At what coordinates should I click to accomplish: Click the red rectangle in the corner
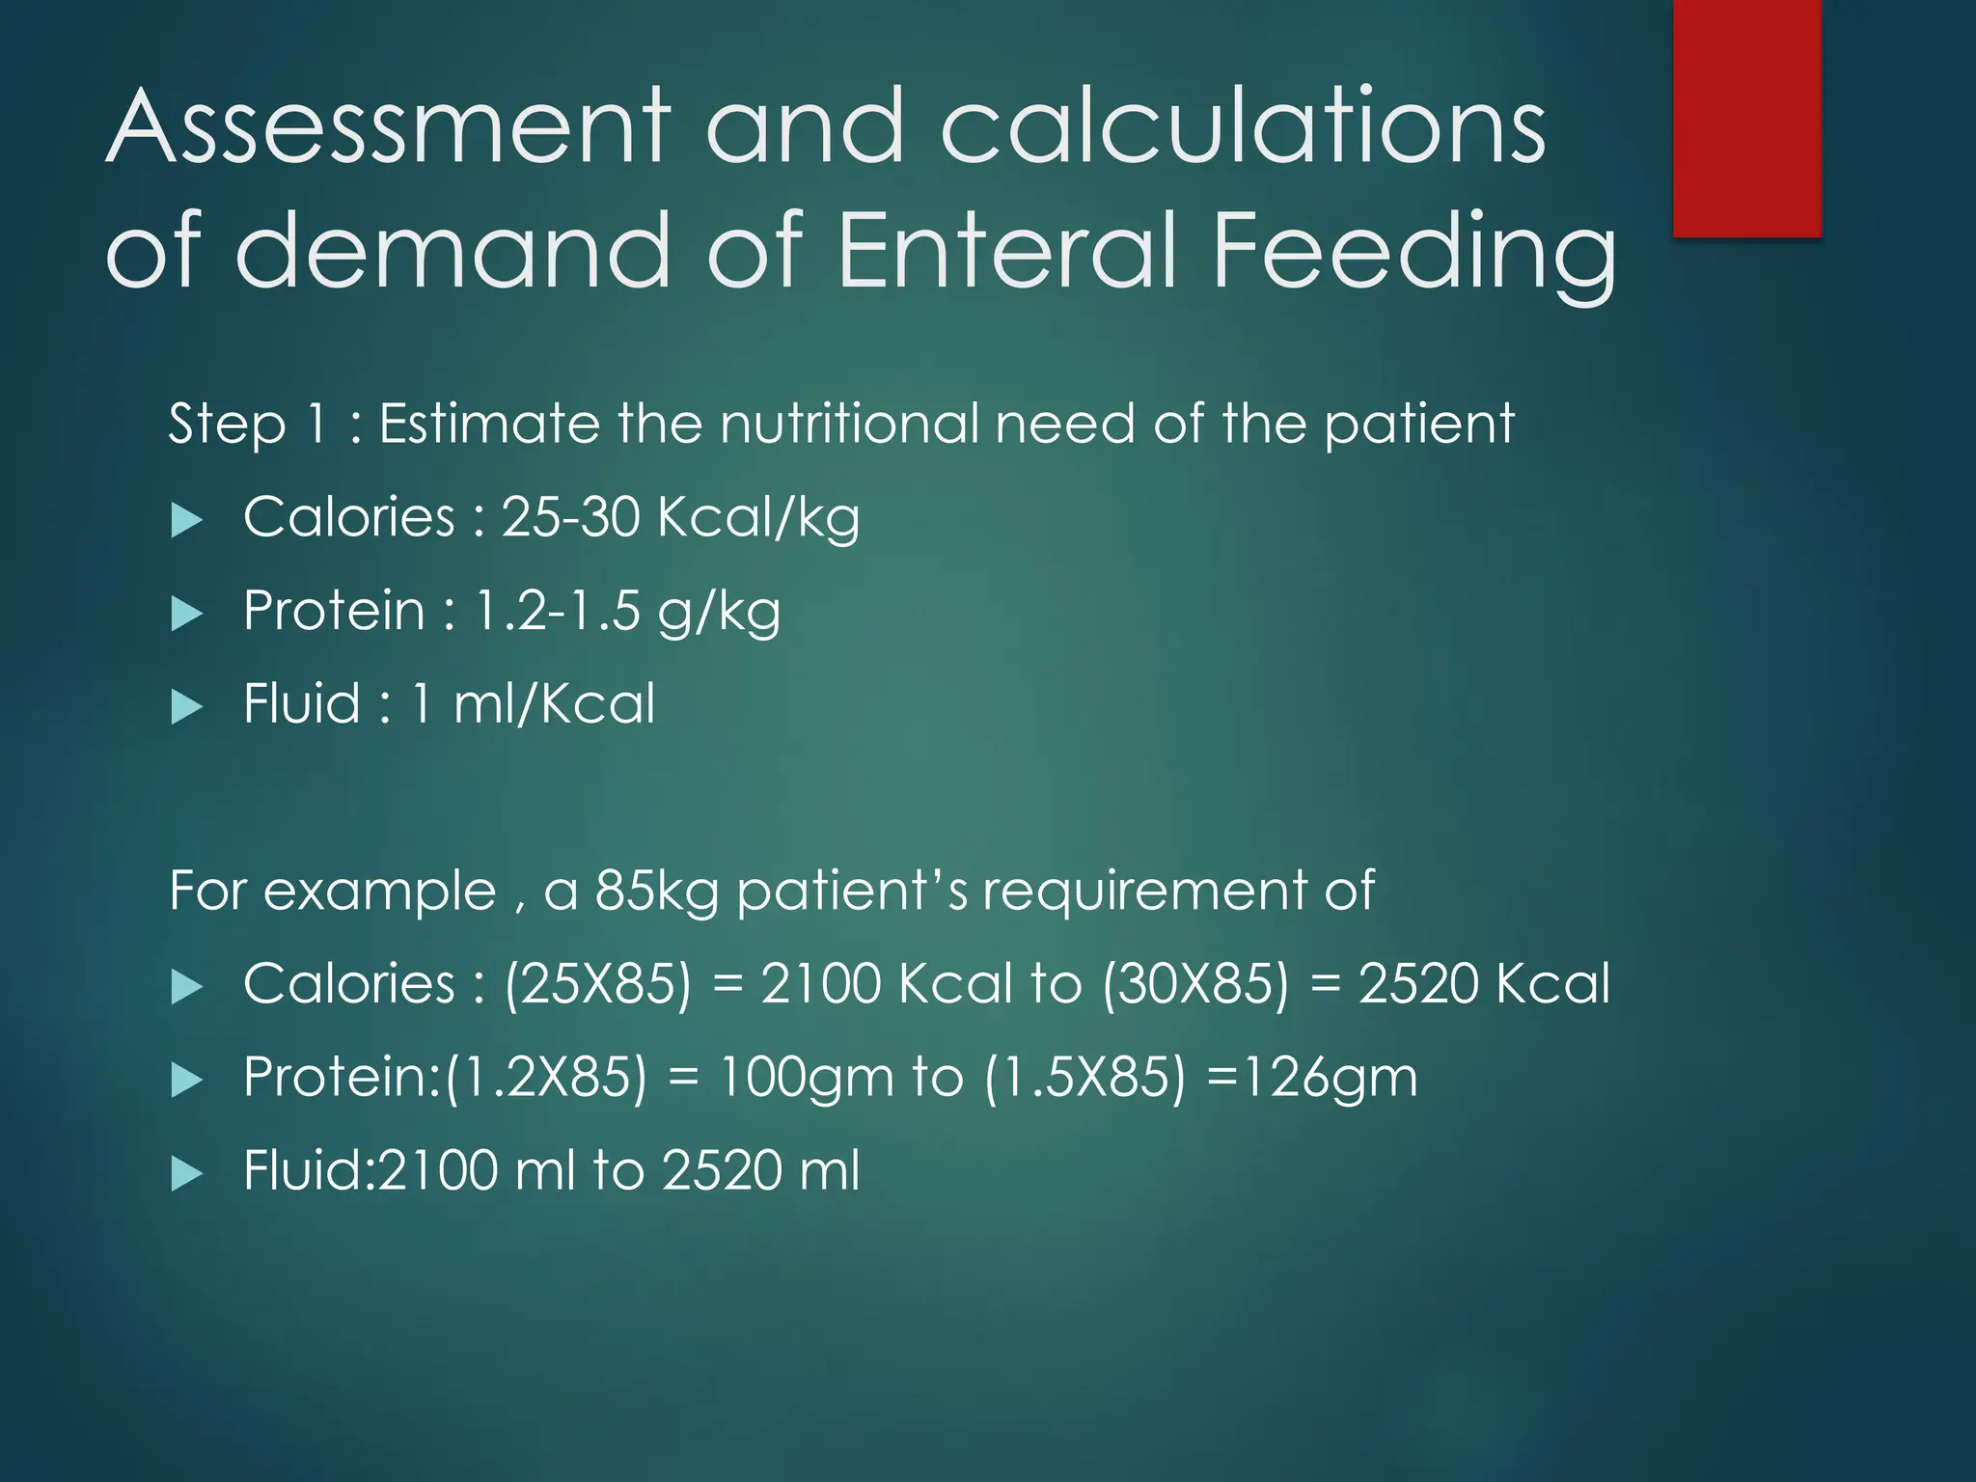pos(1746,118)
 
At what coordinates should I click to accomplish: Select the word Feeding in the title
pos(1413,253)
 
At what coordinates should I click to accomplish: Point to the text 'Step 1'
pos(247,425)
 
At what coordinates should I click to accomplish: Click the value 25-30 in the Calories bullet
pos(570,517)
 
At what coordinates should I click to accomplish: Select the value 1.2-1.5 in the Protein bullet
pos(558,611)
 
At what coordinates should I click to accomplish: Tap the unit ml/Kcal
pos(554,703)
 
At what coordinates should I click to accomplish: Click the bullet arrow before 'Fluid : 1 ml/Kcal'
pos(186,707)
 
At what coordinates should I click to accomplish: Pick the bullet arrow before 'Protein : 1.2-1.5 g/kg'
pos(186,614)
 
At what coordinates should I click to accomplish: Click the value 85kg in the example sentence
pos(656,891)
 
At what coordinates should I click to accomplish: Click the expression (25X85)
pos(598,985)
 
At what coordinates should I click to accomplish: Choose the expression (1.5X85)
pos(1084,1078)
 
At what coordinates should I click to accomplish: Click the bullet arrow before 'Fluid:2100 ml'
pos(186,1174)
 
